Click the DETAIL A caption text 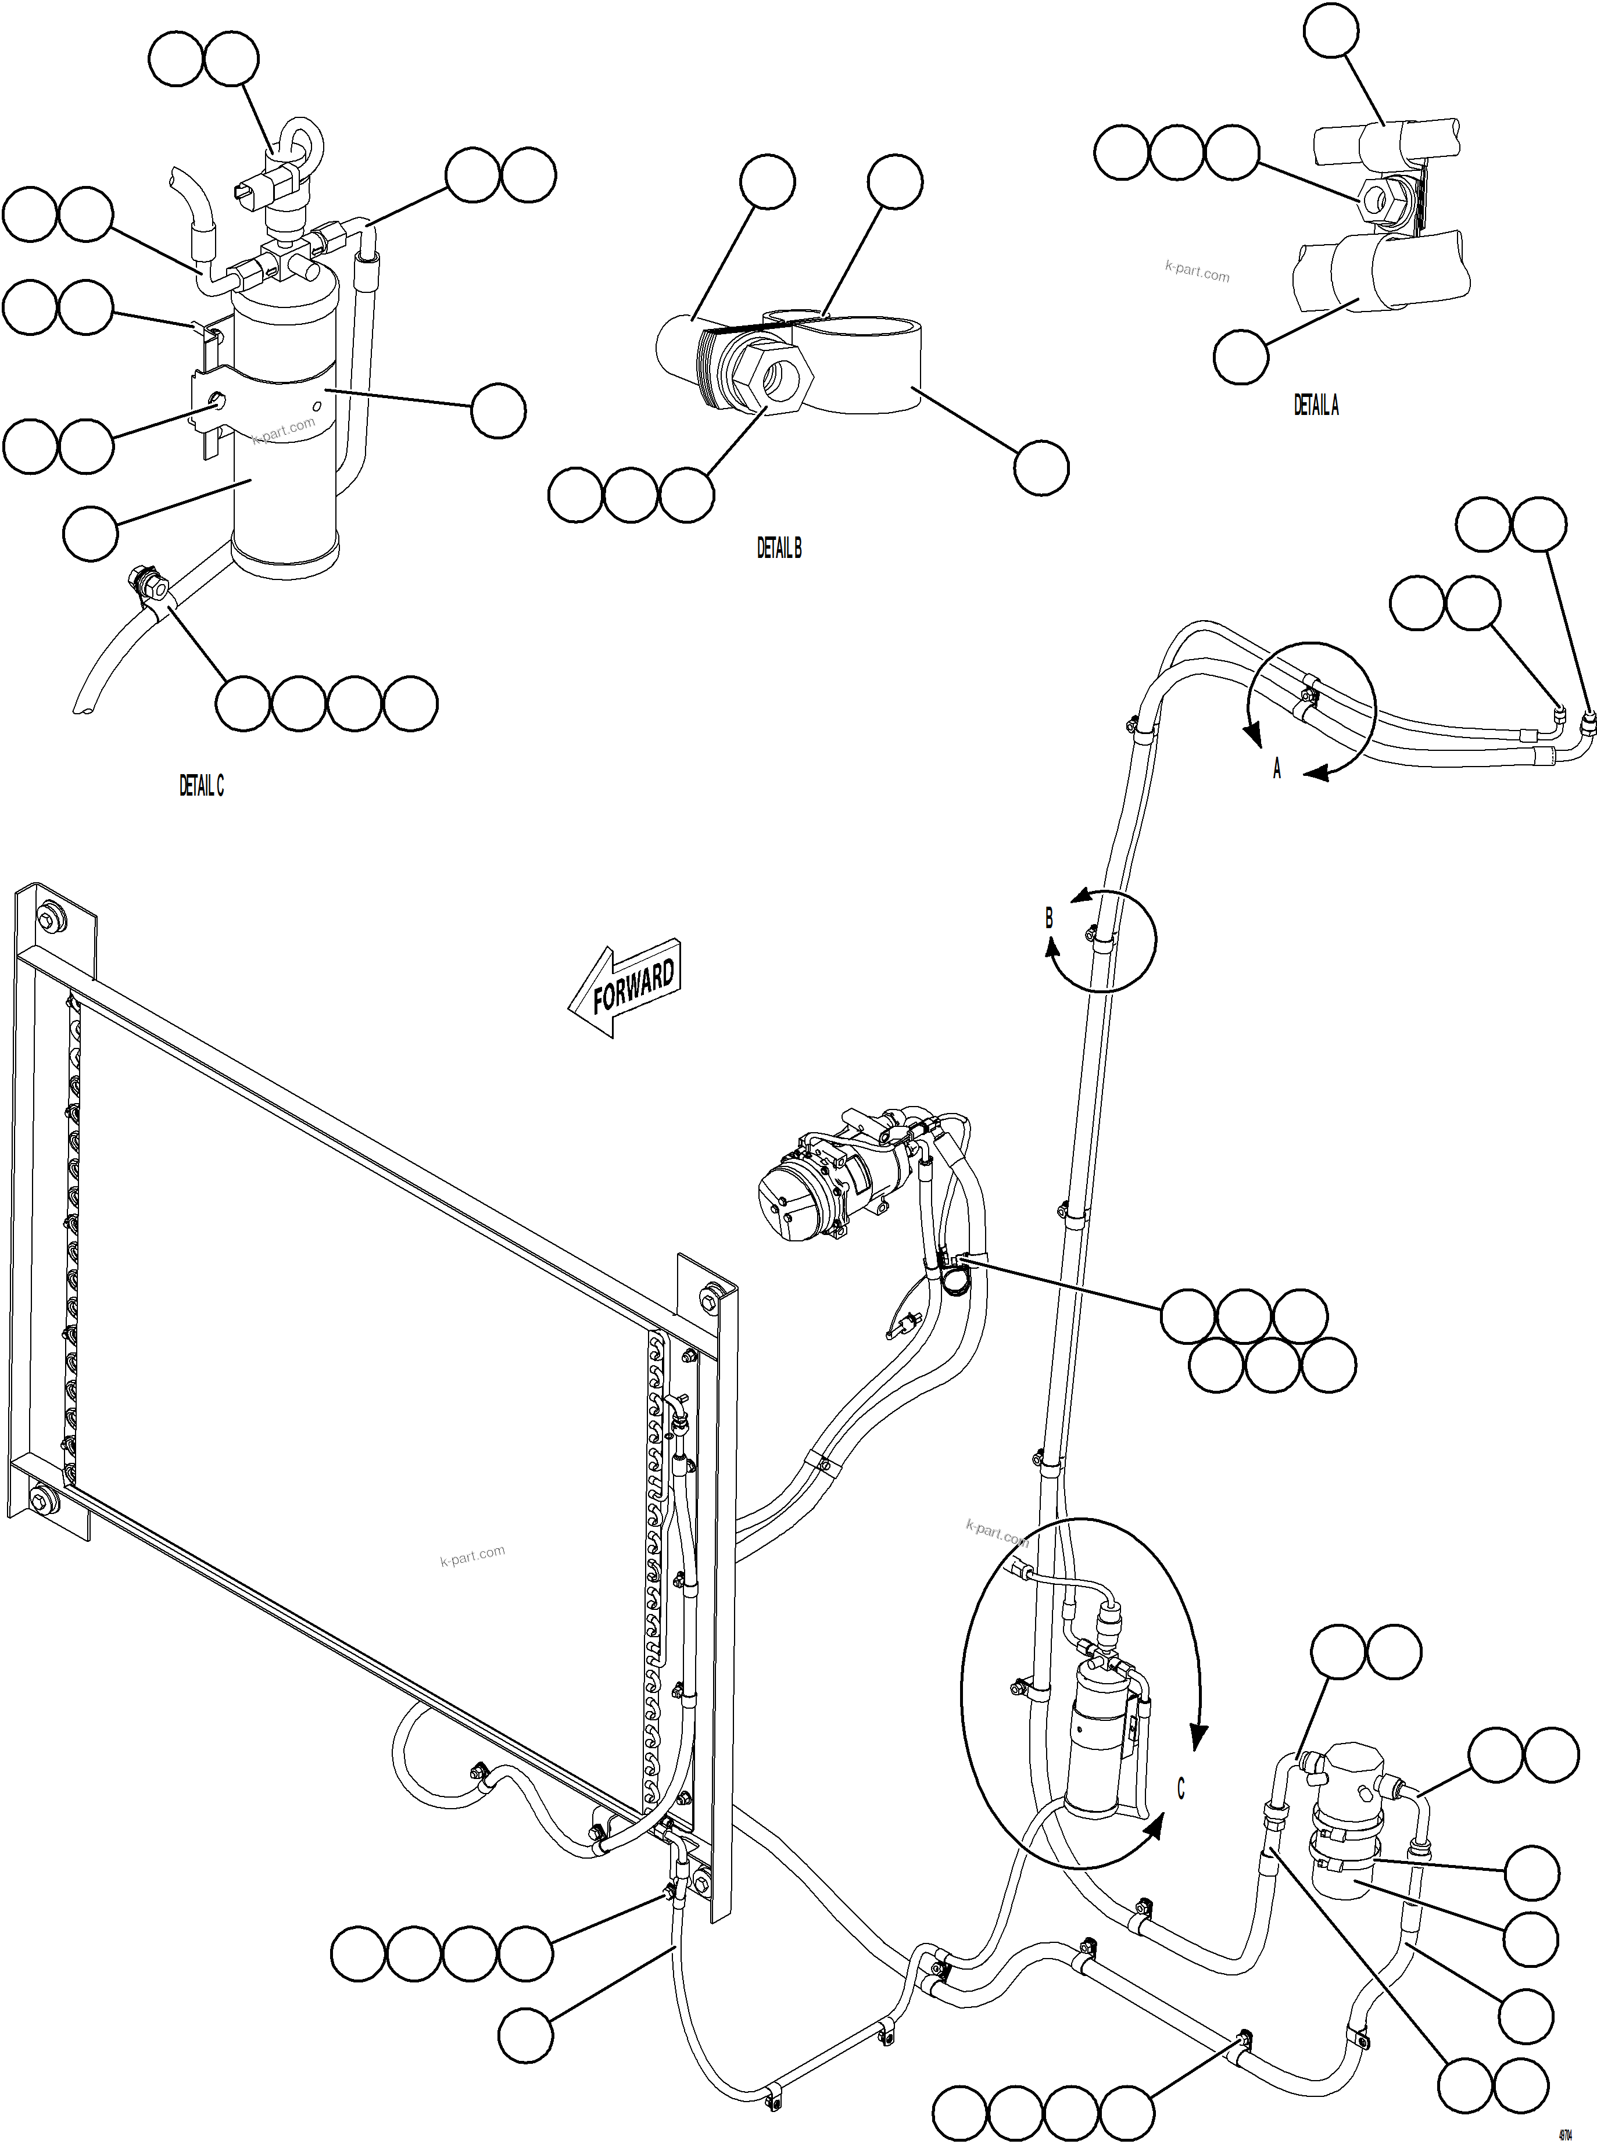pyautogui.click(x=1316, y=406)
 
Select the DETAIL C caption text pyautogui.click(x=201, y=786)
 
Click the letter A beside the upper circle pyautogui.click(x=1276, y=769)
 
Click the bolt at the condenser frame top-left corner pyautogui.click(x=48, y=917)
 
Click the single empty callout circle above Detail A pyautogui.click(x=1330, y=30)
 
